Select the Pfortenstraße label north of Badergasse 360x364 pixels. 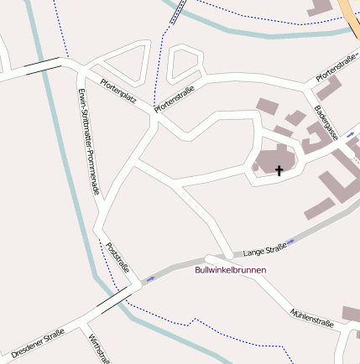tap(335, 67)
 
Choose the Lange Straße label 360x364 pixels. tap(264, 249)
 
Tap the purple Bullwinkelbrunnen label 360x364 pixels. tap(230, 270)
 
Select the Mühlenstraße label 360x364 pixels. tap(311, 317)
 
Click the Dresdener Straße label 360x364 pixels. tap(38, 342)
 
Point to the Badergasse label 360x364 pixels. tap(326, 122)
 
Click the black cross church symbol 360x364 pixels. tap(279, 170)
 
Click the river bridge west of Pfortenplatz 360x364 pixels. tap(42, 66)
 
